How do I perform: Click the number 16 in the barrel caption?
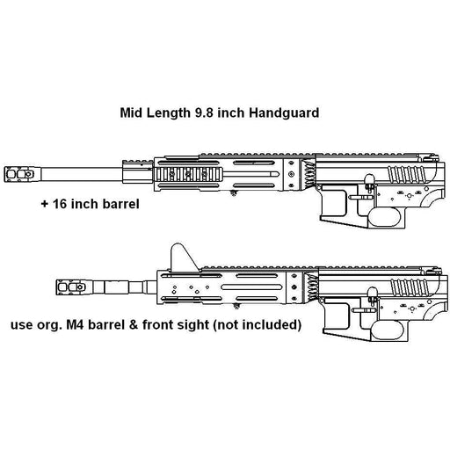pos(60,204)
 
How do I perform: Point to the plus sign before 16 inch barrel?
pos(45,204)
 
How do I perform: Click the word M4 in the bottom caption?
pos(76,324)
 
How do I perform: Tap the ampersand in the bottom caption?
pos(134,324)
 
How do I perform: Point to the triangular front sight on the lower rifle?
pos(184,258)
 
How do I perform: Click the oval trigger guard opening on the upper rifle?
pos(384,217)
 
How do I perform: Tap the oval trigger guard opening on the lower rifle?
pos(387,330)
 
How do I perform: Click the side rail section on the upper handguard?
pos(188,175)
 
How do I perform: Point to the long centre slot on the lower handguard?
pos(251,287)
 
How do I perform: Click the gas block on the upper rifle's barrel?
pos(138,171)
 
